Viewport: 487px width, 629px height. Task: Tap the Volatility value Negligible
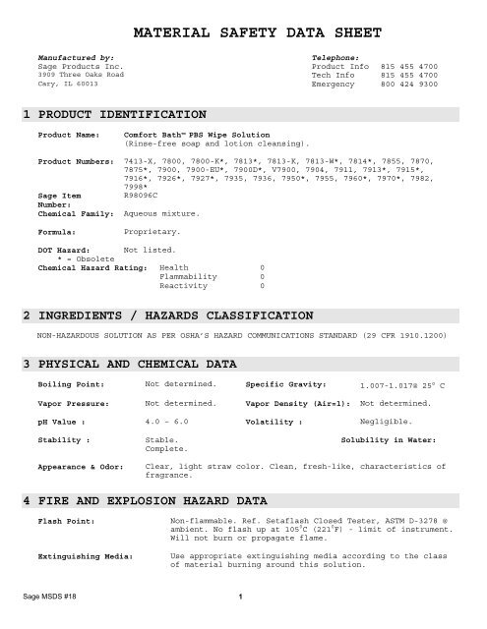pyautogui.click(x=386, y=420)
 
